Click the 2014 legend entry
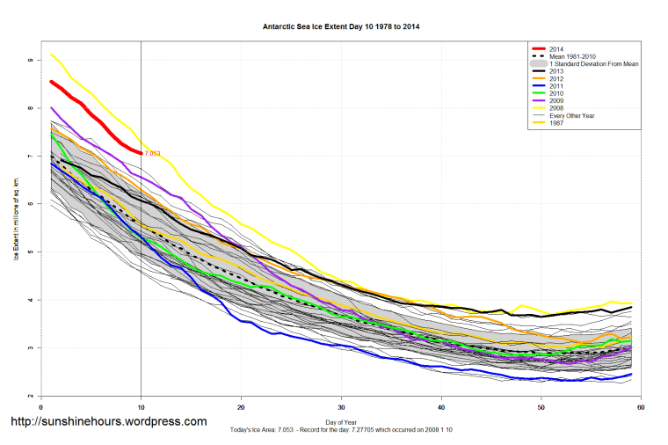554,49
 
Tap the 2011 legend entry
554,86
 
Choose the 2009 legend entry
554,101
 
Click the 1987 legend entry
554,123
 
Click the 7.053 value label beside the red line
153,153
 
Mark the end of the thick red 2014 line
141,153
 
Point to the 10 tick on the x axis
141,406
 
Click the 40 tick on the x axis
441,406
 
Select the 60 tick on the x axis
641,406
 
